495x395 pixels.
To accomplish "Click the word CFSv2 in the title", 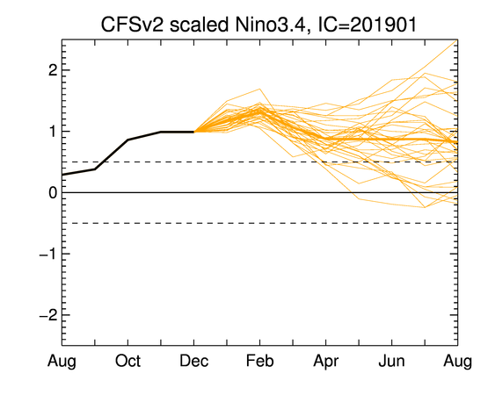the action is pos(132,25).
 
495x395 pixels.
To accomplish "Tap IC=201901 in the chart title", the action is pos(367,25).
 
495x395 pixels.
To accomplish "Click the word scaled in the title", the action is pos(199,25).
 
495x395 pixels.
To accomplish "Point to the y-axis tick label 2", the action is pos(53,70).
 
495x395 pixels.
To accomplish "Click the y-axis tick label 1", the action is pos(54,132).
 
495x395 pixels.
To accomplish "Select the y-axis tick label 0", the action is pos(53,192).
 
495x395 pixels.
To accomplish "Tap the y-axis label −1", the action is pos(48,254).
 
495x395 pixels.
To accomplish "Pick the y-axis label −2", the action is pos(48,315).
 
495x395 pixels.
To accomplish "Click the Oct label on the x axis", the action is pos(127,361).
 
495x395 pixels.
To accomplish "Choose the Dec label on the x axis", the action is pos(193,361).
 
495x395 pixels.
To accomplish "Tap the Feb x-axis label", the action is pos(260,361).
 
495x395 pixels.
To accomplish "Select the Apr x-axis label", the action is pos(326,362).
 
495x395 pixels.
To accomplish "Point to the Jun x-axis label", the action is pos(391,361).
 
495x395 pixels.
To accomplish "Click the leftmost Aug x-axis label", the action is pos(62,362).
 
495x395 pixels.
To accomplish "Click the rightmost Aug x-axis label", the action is pos(458,362).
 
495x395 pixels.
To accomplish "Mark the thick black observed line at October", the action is pos(127,140).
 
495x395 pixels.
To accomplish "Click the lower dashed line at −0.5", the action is pos(260,223).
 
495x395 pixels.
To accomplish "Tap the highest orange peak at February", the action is pos(260,89).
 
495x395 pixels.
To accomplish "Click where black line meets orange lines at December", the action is pos(193,132).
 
